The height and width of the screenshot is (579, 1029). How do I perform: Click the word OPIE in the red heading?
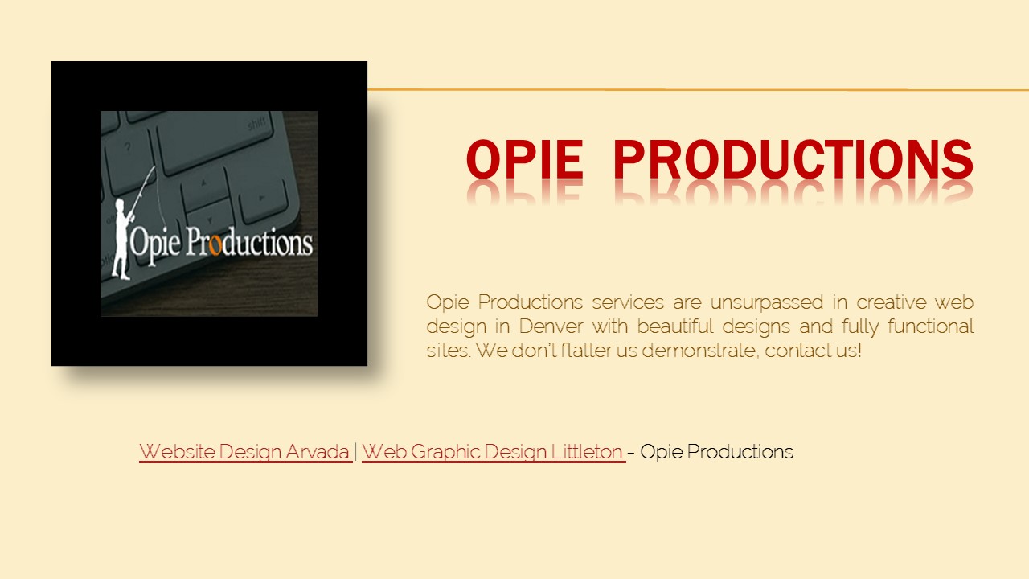tap(524, 159)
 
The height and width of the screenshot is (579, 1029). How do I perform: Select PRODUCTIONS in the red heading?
tap(793, 159)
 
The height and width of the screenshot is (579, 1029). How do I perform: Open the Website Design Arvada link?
tap(244, 452)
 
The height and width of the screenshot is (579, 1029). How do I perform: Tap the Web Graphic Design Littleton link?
tap(493, 452)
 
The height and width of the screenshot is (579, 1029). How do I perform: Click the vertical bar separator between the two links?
tap(356, 452)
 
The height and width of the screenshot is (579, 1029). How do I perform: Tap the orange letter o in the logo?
tap(214, 244)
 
